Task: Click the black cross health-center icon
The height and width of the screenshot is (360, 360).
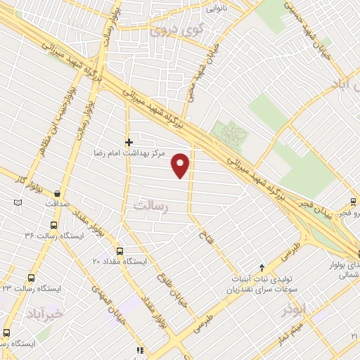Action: [129, 142]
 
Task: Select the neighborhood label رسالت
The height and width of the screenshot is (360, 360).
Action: [151, 206]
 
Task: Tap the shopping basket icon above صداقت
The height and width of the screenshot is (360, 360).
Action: [56, 193]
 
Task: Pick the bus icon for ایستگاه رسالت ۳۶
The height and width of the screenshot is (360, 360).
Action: [53, 226]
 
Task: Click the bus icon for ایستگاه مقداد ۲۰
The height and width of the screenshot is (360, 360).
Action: [119, 251]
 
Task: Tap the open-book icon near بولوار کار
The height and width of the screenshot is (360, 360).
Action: [18, 202]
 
